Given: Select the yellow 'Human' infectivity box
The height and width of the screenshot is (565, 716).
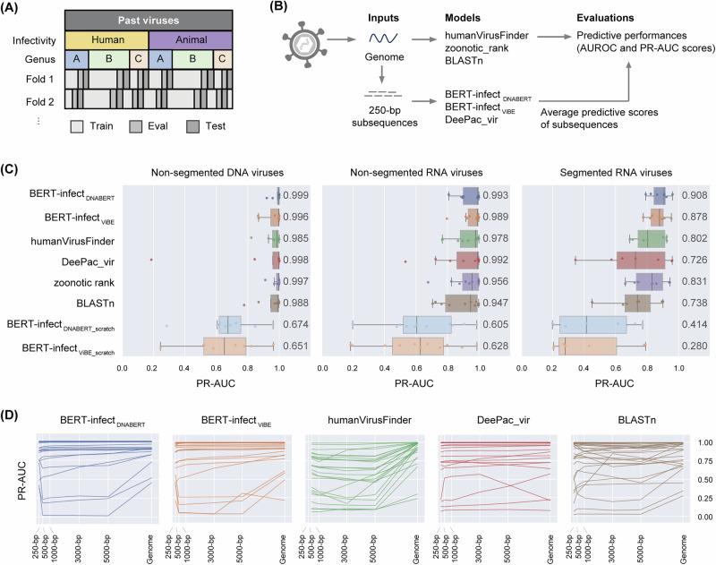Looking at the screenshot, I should click(x=105, y=40).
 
